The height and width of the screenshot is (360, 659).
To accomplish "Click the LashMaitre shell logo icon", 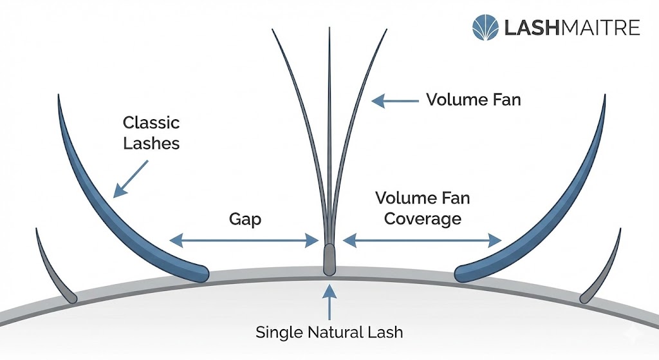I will point(485,28).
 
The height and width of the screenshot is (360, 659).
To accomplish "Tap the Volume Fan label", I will point(473,100).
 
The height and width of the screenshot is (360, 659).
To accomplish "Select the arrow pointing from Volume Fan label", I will point(395,100).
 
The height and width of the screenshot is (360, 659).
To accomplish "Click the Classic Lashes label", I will point(151,132).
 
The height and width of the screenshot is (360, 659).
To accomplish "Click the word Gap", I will point(245,219).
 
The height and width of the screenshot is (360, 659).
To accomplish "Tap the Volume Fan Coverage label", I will point(423,207).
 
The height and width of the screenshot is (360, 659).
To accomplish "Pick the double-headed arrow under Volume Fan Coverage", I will point(422,241).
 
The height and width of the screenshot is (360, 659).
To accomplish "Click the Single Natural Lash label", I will point(329,332).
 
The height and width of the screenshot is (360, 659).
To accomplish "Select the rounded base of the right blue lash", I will point(462,273).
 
